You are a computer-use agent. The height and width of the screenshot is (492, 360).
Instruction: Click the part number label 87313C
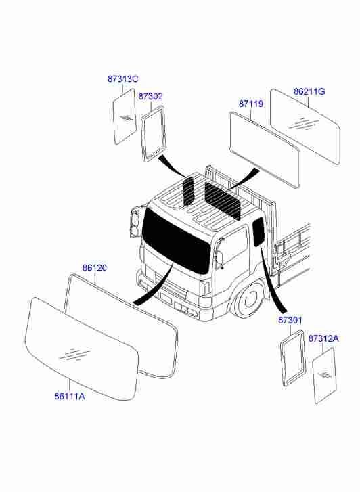point(122,79)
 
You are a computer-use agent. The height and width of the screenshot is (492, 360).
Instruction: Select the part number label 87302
point(151,97)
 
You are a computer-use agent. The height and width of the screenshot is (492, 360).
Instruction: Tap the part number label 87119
point(251,104)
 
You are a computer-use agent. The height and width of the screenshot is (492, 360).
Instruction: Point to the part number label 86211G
point(309,91)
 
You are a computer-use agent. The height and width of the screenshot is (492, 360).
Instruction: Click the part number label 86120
point(95,268)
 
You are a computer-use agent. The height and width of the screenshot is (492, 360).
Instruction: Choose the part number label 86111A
point(70,397)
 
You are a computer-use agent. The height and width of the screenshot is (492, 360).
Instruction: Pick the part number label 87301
point(290,320)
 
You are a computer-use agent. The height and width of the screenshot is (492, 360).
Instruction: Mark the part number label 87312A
point(323,338)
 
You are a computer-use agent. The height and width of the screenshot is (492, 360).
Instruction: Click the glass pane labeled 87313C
point(125,116)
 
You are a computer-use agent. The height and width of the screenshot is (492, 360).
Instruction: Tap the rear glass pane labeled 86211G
point(305,126)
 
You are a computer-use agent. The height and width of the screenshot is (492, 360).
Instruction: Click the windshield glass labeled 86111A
point(82,349)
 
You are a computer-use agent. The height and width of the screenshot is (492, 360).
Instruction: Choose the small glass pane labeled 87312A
point(325,376)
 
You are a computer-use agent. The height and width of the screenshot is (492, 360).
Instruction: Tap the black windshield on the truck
point(177,240)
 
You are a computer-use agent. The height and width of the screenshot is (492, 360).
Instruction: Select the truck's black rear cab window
point(223,200)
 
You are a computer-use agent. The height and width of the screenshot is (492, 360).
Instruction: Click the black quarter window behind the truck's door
point(258,231)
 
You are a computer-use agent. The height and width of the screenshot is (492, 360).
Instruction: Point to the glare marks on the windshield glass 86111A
point(74,354)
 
